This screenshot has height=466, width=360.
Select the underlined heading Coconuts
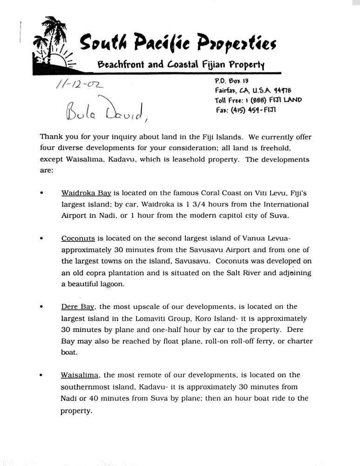coord(78,238)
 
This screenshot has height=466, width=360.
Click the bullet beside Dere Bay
coord(42,308)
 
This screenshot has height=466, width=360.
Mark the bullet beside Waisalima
coord(42,376)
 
